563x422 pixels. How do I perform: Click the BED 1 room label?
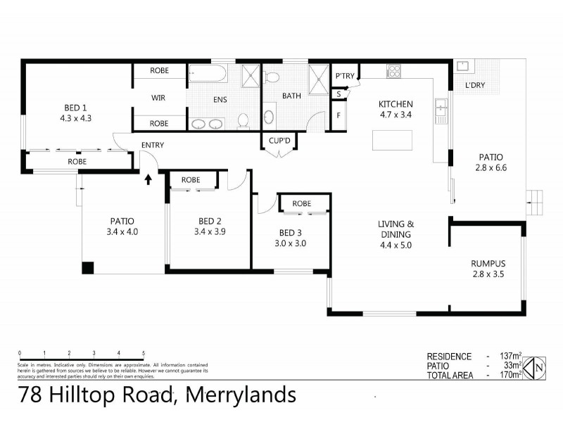(75, 108)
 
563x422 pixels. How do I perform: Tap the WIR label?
(159, 98)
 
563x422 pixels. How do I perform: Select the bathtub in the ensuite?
(207, 74)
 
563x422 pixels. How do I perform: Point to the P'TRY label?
(344, 76)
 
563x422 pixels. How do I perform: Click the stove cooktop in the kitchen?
(393, 72)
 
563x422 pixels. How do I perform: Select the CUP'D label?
(279, 141)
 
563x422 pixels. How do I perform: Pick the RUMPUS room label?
(488, 264)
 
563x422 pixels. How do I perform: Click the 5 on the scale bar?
(144, 353)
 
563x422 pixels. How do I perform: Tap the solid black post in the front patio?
(88, 268)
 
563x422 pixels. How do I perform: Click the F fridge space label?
(339, 115)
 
